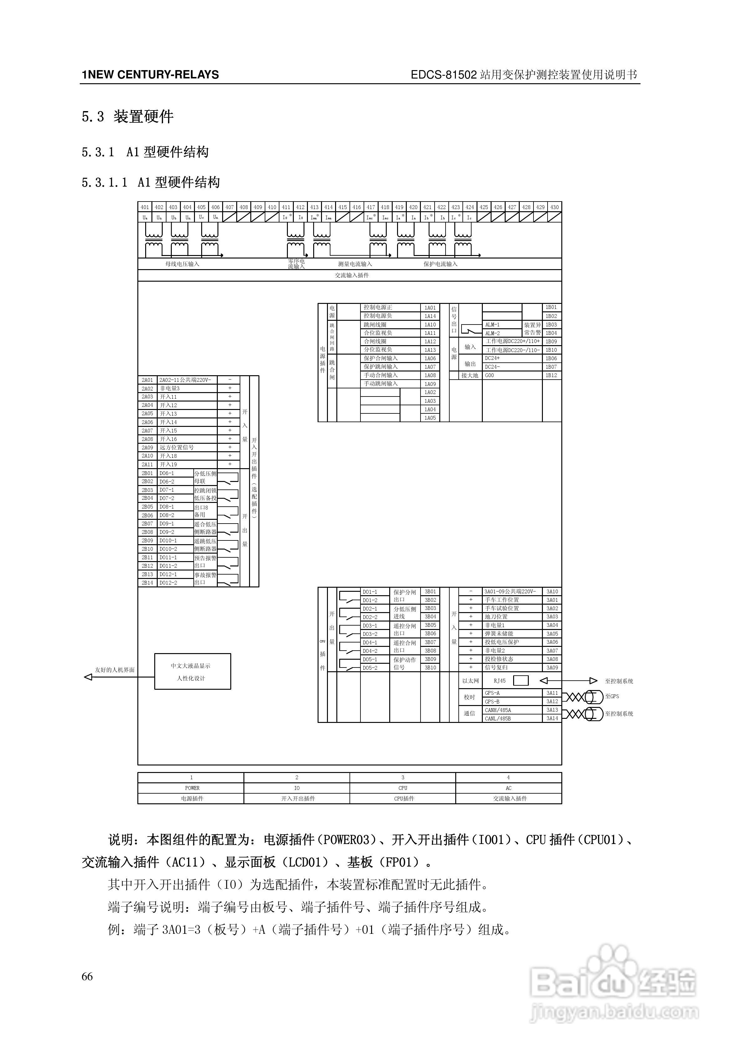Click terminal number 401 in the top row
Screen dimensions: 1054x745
tap(145, 207)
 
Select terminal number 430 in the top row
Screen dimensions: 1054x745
tap(554, 207)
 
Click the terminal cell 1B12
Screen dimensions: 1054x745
tap(551, 375)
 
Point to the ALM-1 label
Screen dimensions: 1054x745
tap(492, 325)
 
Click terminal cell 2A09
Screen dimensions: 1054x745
tap(147, 448)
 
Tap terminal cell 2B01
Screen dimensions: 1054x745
tap(147, 473)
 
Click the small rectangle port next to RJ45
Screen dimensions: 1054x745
tap(521, 681)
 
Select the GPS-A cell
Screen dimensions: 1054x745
tap(492, 693)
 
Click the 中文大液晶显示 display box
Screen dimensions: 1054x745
tap(192, 671)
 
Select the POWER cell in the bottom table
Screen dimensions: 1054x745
tap(192, 788)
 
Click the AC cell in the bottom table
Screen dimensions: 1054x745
tap(508, 788)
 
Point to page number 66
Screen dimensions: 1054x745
tap(87, 976)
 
